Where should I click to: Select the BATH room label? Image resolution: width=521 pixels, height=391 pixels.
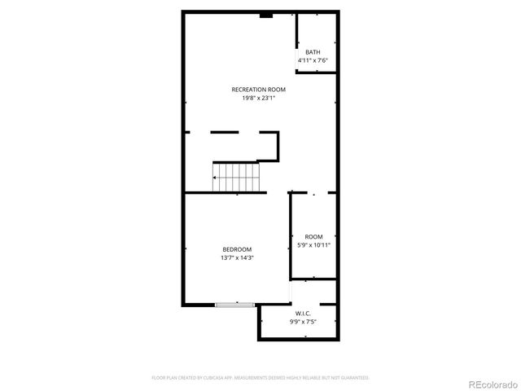pyautogui.click(x=313, y=52)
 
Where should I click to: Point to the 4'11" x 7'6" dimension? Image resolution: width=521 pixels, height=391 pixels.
pyautogui.click(x=313, y=60)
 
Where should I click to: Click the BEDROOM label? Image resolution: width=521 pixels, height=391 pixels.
pyautogui.click(x=237, y=249)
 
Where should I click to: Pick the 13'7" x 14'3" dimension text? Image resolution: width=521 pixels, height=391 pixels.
pyautogui.click(x=237, y=258)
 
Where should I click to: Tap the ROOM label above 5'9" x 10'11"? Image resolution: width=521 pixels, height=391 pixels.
pyautogui.click(x=313, y=236)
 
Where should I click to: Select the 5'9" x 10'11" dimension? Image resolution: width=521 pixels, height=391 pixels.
pyautogui.click(x=313, y=244)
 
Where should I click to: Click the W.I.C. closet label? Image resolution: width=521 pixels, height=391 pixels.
pyautogui.click(x=303, y=313)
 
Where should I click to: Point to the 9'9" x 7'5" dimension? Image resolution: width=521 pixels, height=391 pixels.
pyautogui.click(x=303, y=322)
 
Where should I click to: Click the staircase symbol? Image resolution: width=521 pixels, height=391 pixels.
pyautogui.click(x=235, y=177)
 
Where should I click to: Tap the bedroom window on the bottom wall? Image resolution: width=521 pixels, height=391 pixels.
pyautogui.click(x=235, y=305)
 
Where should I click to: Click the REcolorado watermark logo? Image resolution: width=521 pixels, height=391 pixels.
pyautogui.click(x=490, y=383)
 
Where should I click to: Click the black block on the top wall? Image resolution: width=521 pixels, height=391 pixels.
pyautogui.click(x=265, y=14)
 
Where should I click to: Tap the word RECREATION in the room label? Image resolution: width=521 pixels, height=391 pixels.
pyautogui.click(x=245, y=89)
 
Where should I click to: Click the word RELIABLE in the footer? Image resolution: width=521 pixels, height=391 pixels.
pyautogui.click(x=313, y=378)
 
